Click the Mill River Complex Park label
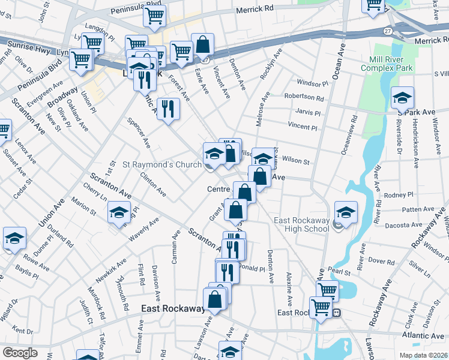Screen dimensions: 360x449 (x=387, y=64)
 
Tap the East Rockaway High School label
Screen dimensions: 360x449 (x=302, y=224)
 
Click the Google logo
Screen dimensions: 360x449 (x=20, y=353)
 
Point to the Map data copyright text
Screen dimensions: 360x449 (x=423, y=355)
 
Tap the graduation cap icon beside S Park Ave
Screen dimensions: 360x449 (x=402, y=98)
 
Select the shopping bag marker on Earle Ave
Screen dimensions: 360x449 (x=203, y=44)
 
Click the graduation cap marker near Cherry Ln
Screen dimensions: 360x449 (x=119, y=212)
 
